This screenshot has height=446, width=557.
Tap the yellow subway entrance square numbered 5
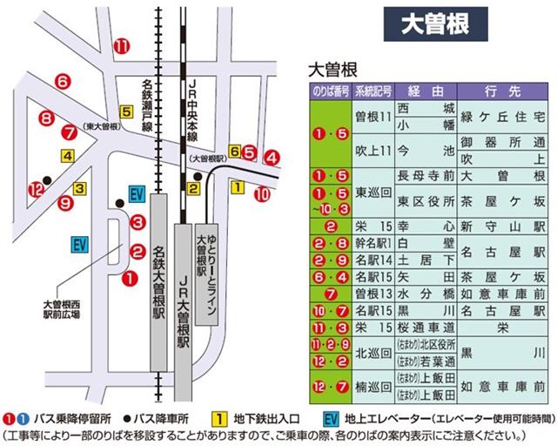pyautogui.click(x=126, y=111)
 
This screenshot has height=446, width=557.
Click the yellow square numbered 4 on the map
pyautogui.click(x=67, y=157)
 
